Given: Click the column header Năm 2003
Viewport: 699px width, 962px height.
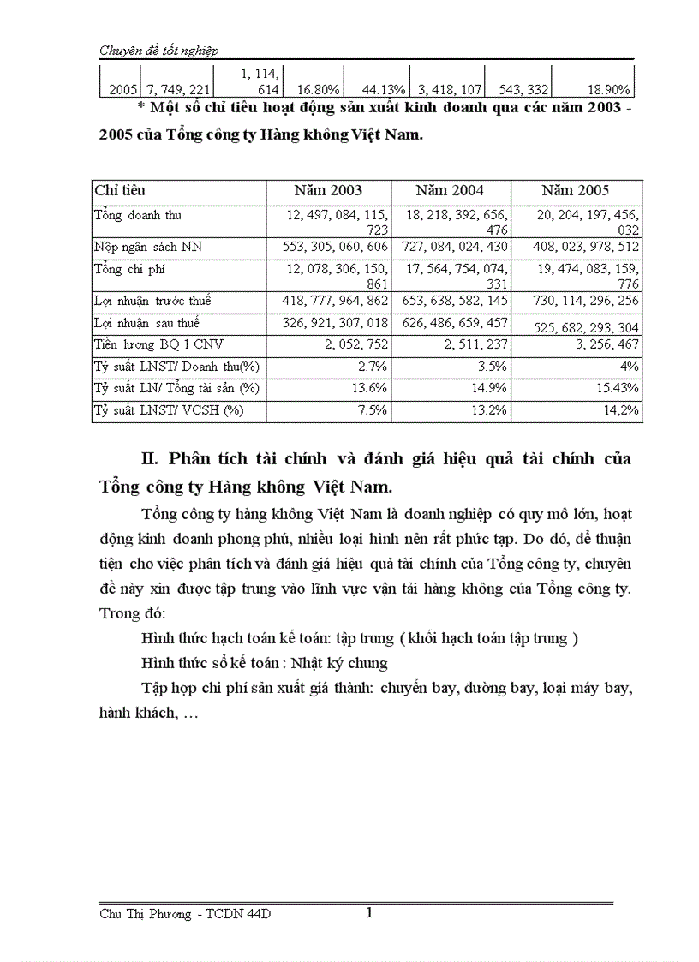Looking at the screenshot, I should pos(328,191).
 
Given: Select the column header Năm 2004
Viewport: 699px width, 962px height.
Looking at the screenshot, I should pos(450,191).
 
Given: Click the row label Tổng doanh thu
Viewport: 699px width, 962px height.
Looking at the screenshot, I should pos(138,216).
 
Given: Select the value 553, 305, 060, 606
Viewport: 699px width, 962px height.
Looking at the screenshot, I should pos(335,248).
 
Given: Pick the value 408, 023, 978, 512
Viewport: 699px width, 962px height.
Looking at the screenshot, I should pos(577,248).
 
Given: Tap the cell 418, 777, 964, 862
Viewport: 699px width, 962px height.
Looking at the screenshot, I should pos(335,302).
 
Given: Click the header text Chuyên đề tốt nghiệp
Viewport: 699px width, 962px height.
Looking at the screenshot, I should pos(158,51).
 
